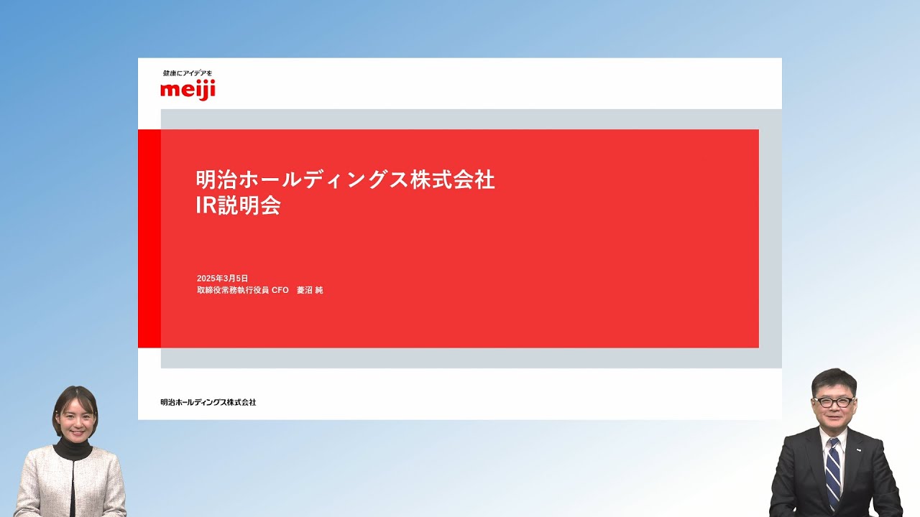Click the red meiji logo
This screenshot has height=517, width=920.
point(188,90)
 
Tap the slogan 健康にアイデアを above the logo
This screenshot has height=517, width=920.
point(188,73)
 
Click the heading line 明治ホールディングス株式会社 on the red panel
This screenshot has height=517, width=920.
point(346,180)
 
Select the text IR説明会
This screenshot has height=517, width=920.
point(238,205)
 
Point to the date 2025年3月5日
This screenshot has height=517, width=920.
point(222,278)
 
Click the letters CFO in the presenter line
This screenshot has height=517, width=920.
point(280,290)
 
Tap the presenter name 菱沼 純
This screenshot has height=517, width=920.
point(310,290)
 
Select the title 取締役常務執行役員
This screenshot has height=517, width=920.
point(233,290)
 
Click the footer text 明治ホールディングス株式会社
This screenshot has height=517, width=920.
point(208,402)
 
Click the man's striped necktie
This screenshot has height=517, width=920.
point(833,472)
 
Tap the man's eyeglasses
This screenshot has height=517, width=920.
point(833,401)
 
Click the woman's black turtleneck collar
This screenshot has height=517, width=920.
point(73,448)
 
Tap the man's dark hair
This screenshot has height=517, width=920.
point(834,381)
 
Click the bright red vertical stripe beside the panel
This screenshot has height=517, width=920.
point(149,238)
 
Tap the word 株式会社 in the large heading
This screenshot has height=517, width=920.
point(453,180)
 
